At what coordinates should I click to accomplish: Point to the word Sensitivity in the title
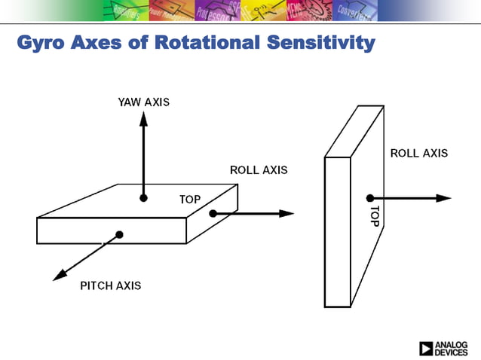click(x=320, y=43)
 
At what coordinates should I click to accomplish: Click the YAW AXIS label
click(x=143, y=102)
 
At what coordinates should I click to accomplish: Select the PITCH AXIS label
click(x=110, y=285)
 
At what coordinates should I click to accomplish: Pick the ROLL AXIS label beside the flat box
click(x=259, y=170)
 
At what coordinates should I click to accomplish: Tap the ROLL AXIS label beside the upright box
click(x=418, y=153)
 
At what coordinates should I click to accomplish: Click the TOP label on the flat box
click(x=190, y=200)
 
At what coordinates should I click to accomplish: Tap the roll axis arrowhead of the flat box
click(x=287, y=214)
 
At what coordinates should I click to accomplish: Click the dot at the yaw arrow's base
click(x=142, y=198)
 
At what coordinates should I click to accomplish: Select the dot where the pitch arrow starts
click(x=119, y=235)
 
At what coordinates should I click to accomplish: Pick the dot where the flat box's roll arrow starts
click(x=213, y=214)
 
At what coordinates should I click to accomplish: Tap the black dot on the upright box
click(x=370, y=198)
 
